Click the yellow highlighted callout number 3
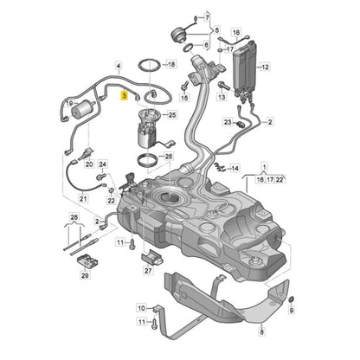tap(124, 95)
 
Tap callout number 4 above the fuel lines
tap(119, 66)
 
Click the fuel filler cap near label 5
tap(178, 35)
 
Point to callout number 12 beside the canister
tap(265, 67)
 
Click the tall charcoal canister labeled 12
tap(244, 67)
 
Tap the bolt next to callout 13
tap(223, 86)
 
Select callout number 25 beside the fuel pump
tap(172, 115)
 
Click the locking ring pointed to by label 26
tap(148, 161)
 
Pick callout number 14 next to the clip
tap(235, 168)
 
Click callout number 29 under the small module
tap(85, 275)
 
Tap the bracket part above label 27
tap(151, 257)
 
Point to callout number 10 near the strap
tap(141, 308)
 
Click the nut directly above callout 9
tap(291, 299)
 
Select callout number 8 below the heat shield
tap(261, 332)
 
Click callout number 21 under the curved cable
tap(83, 199)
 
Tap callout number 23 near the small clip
tap(228, 122)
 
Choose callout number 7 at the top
tap(207, 18)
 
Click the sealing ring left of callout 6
tap(188, 48)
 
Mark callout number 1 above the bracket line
tap(265, 166)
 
